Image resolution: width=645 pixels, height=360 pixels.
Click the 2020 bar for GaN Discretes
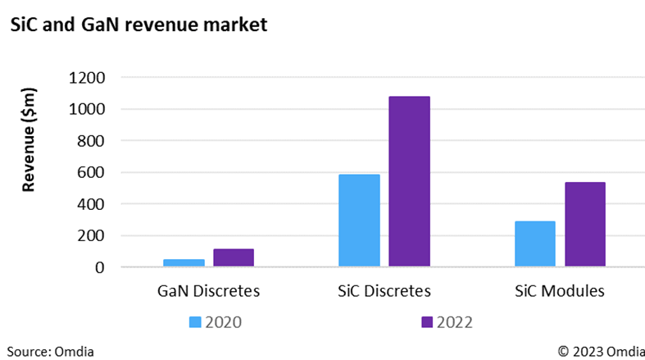(184, 262)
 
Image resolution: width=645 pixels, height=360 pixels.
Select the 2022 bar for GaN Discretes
(234, 257)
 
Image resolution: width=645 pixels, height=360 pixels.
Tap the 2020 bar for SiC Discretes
(359, 221)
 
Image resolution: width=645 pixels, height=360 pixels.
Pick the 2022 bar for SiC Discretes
(409, 181)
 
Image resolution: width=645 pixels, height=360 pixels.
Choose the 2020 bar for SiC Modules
(534, 244)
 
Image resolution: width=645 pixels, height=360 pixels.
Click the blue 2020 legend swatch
(195, 321)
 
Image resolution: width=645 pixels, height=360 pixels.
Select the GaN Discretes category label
(208, 290)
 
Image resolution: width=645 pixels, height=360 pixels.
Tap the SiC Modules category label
(560, 290)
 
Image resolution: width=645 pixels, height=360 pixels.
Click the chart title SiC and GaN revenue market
(138, 25)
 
